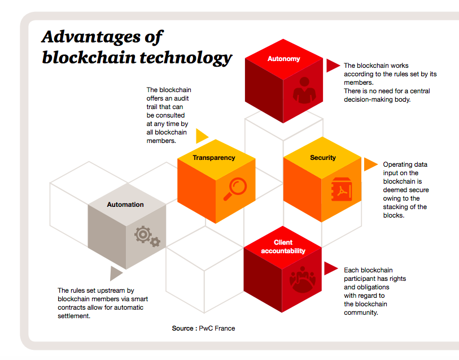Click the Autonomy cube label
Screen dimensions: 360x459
tap(283, 59)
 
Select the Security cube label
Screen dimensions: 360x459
tap(323, 158)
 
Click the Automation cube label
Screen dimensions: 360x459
tap(125, 205)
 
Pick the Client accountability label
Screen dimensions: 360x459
tap(283, 247)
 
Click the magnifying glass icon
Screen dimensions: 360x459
tap(234, 189)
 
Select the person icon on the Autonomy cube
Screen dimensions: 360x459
tap(303, 90)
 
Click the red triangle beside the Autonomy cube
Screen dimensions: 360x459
tap(333, 66)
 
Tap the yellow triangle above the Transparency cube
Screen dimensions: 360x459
tap(202, 136)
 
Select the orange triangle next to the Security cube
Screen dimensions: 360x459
tap(370, 164)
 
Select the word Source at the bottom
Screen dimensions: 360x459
tap(185, 328)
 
